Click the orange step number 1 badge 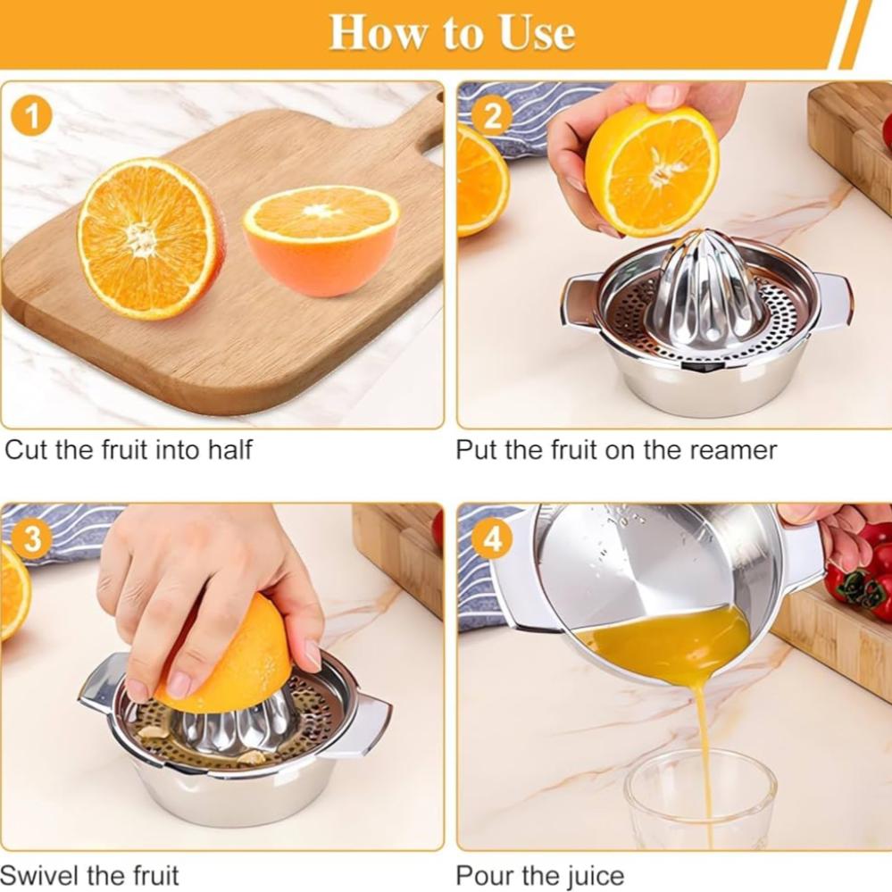(x=32, y=117)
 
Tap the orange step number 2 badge (x=493, y=117)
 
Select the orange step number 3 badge (x=32, y=538)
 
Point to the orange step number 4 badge (x=493, y=538)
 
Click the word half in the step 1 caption (x=229, y=449)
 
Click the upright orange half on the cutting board (x=150, y=238)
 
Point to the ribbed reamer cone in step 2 (x=705, y=289)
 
